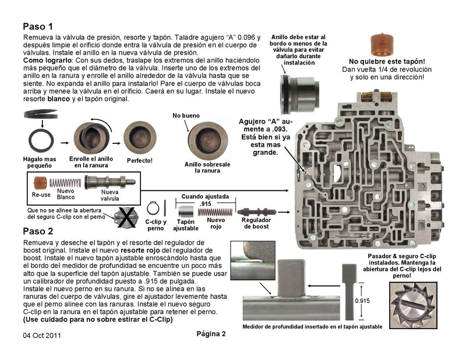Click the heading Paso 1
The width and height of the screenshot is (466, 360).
pos(38,26)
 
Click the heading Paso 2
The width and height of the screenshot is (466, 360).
pos(38,231)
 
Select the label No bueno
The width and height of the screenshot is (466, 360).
pos(185,116)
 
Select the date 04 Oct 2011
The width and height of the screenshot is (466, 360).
pos(42,336)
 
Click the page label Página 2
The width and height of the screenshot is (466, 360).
pos(210,334)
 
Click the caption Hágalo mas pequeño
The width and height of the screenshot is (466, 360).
pos(40,162)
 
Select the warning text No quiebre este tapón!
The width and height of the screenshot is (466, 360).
pos(386,61)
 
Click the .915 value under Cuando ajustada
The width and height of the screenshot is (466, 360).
pos(206,204)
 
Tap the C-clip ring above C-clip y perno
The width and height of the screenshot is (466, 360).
pos(153,208)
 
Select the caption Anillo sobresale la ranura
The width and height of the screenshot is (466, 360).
pos(199,167)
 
